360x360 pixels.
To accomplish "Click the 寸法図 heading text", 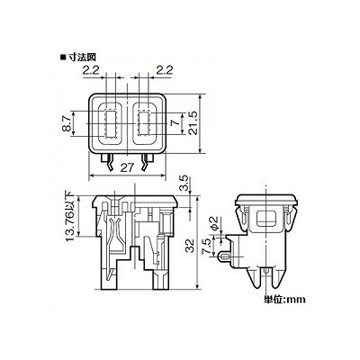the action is tap(81, 57).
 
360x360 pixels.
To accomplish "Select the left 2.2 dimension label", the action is tap(91, 70).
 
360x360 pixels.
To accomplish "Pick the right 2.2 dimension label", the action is tap(165, 70).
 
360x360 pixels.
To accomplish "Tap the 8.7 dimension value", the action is tap(68, 124).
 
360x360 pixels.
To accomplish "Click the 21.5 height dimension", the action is tap(193, 123).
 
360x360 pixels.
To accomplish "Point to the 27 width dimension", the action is tap(128, 167).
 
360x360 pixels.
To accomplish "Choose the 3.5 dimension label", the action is tap(185, 184).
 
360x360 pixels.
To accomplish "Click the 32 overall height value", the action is tap(190, 246).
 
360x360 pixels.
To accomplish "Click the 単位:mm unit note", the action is tap(284, 299).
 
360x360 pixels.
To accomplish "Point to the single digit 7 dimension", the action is tap(177, 123).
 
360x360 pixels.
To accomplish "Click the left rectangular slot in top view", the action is tap(111, 123).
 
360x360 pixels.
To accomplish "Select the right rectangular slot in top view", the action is tap(144, 123).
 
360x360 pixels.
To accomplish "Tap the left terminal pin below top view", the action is tap(108, 162).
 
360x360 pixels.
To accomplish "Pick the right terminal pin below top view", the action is tap(147, 162).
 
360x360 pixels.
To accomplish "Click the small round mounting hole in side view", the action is tap(223, 256).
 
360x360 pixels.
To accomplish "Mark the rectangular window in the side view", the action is tap(265, 218).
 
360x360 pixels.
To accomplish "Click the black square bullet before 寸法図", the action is tap(63, 57).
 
